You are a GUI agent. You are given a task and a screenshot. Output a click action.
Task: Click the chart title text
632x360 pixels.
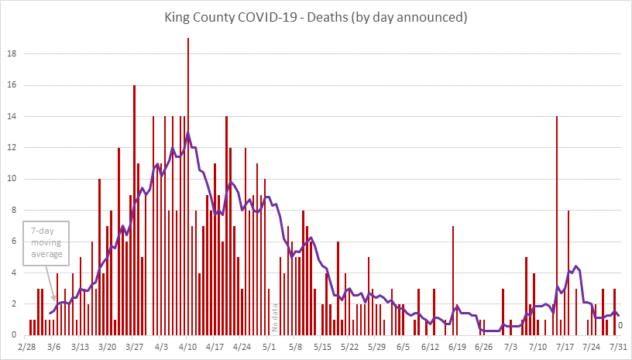316,15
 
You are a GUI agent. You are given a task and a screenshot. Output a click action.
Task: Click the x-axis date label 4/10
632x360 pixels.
187,346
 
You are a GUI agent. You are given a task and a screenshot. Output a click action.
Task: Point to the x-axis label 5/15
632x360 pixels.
322,346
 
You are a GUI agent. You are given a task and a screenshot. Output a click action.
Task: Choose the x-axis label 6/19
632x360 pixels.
456,346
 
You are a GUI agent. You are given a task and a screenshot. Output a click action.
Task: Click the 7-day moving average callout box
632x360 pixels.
46,244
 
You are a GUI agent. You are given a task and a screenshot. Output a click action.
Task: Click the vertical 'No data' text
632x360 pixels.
274,317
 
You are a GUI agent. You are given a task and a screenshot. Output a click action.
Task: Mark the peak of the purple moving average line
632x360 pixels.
188,132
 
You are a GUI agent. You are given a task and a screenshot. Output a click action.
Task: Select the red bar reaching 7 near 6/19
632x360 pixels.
453,280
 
